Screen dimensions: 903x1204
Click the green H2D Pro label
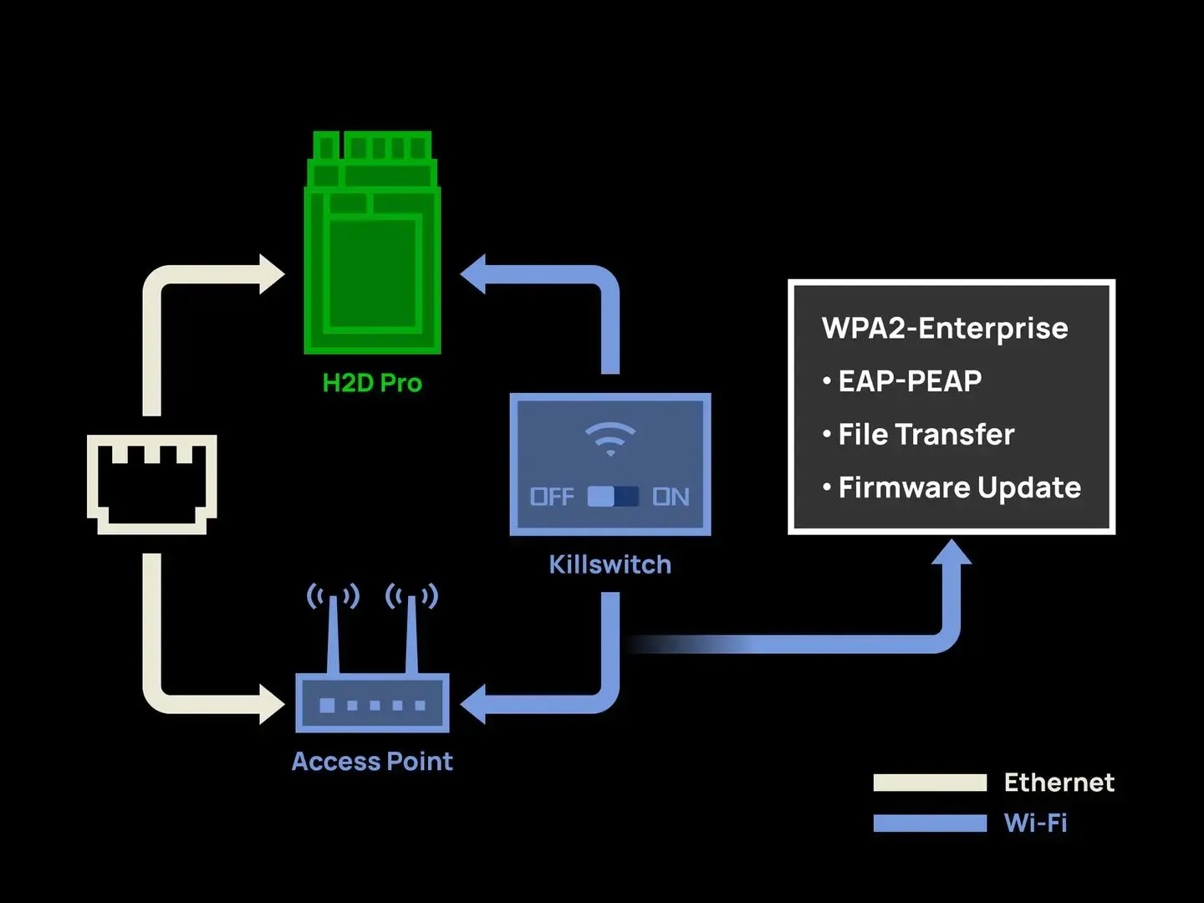pos(372,383)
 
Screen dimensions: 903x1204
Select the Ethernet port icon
pos(151,483)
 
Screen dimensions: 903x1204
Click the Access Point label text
pos(372,762)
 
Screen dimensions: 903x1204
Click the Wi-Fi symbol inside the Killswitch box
pos(610,438)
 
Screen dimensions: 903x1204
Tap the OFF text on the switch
pos(552,497)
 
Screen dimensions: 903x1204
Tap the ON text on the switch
pos(671,497)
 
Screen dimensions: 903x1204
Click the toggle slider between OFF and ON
pos(613,497)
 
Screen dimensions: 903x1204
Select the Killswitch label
pos(610,564)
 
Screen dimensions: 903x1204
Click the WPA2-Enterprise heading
pos(945,328)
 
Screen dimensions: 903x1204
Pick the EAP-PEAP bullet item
pos(910,381)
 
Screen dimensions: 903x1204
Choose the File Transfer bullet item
pos(926,435)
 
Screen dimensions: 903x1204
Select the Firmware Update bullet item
pos(959,487)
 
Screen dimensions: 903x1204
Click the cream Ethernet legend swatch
pos(930,783)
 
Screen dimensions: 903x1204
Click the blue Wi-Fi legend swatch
pos(930,824)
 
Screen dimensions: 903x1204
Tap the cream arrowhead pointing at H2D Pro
pos(272,274)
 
